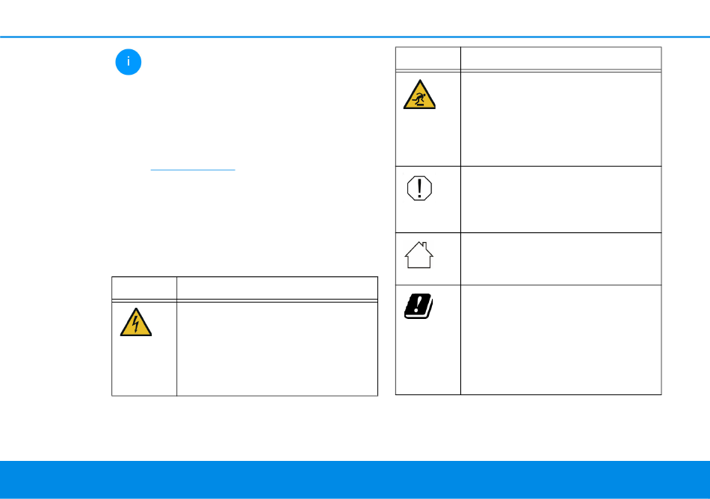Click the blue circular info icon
point(129,62)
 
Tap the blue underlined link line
point(193,170)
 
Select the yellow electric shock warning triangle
point(135,322)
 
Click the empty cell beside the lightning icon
point(277,347)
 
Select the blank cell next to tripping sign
point(561,119)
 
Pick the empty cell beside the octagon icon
point(561,199)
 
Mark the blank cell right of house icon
point(561,258)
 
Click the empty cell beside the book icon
point(561,339)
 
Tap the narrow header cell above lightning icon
point(144,288)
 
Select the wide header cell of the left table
point(277,288)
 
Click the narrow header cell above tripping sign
point(427,58)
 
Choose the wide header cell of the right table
point(561,58)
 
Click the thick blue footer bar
point(355,480)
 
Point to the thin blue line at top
point(355,36)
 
